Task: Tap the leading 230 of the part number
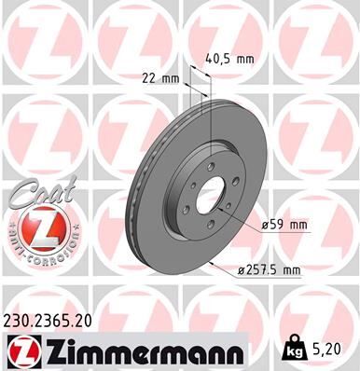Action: (20, 320)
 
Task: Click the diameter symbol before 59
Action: (266, 224)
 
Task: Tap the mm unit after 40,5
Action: (245, 59)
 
